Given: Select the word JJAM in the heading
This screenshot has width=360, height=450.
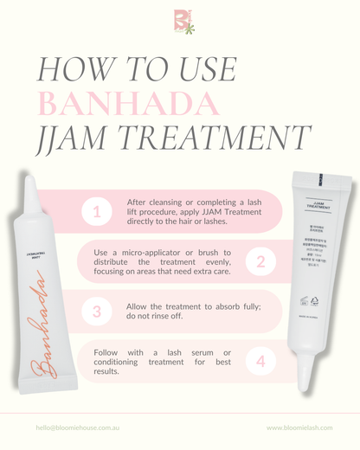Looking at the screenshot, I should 71,138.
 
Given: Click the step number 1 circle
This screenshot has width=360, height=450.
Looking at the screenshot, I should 97,211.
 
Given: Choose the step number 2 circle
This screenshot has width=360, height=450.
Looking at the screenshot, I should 260,260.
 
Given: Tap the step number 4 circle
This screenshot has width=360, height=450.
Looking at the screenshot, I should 260,360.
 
